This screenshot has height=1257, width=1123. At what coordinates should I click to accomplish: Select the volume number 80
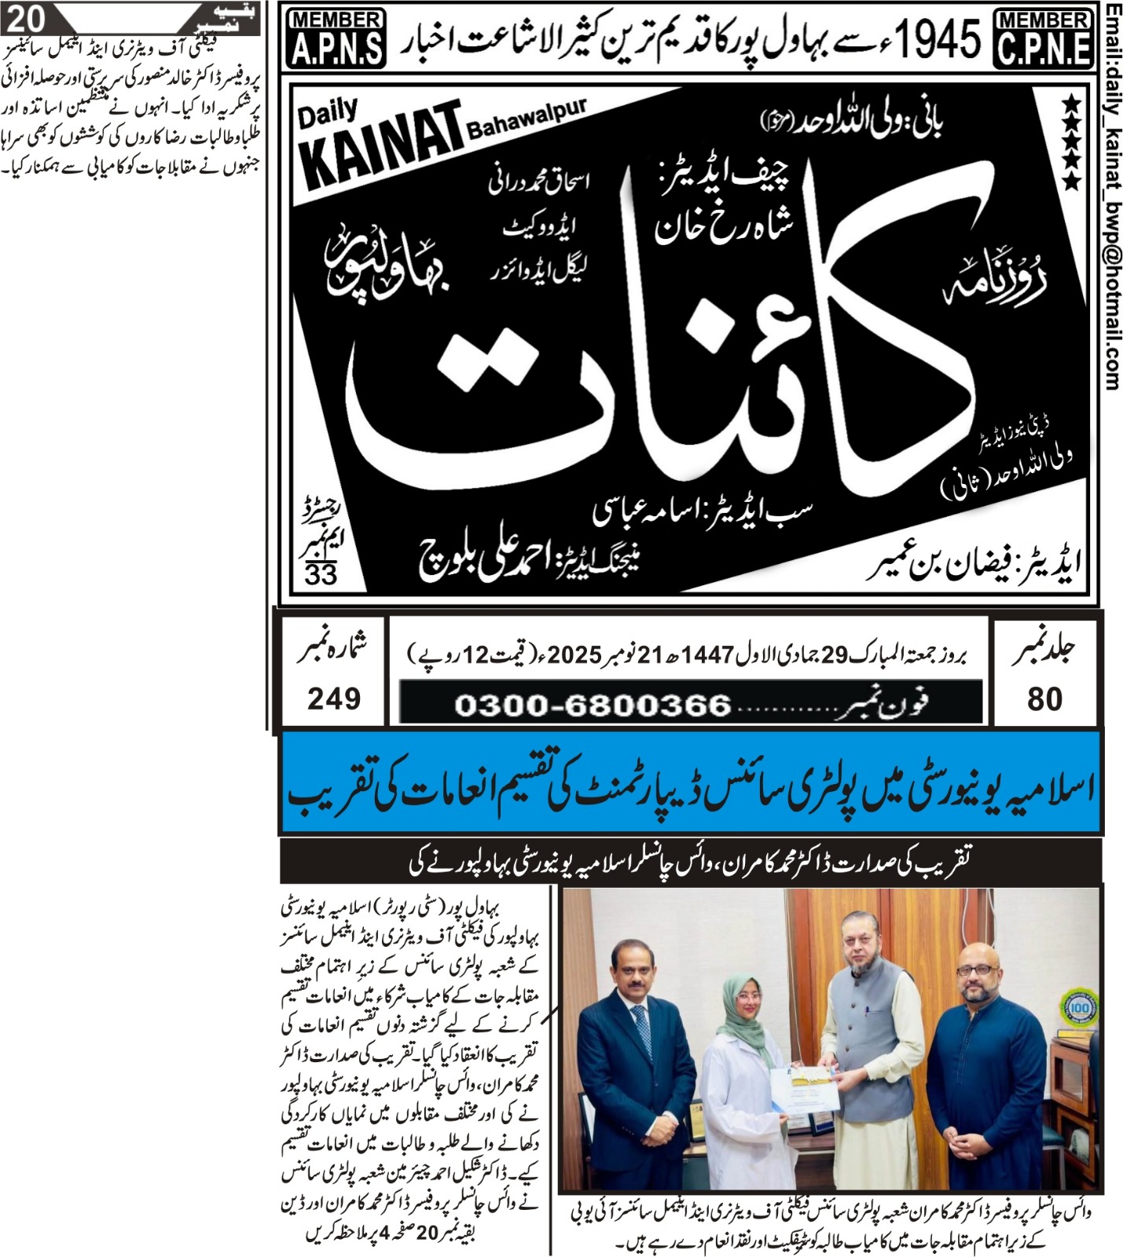tap(1044, 698)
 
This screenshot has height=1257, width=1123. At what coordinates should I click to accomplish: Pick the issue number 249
tap(334, 698)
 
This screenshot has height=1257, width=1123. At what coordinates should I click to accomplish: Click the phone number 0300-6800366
tap(593, 705)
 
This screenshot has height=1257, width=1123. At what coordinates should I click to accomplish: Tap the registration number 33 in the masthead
tap(321, 574)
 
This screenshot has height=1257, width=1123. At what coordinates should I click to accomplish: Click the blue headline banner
tap(690, 782)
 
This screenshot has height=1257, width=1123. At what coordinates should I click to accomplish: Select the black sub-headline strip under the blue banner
tap(690, 863)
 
